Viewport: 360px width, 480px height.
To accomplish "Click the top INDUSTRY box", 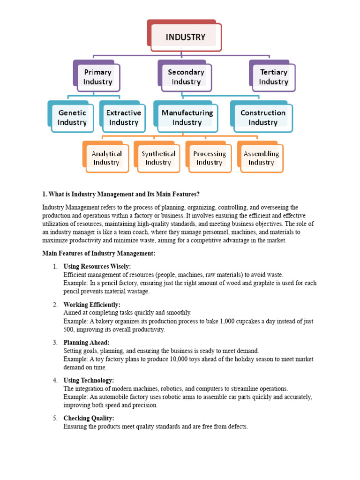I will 186,37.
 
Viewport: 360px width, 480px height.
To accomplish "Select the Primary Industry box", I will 97,77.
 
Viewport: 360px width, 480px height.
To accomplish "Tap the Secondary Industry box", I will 186,77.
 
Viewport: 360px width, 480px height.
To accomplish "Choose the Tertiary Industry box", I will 273,77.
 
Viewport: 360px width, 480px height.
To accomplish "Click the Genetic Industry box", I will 72,118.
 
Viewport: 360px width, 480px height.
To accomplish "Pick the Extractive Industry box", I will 123,118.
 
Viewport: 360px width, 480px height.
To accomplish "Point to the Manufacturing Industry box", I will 187,118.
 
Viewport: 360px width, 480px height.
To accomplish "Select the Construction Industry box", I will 262,118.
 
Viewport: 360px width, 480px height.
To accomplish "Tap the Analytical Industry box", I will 106,158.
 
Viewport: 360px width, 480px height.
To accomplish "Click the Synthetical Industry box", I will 158,158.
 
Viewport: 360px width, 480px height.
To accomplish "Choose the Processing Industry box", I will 210,158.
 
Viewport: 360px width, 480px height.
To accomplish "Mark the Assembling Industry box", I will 261,158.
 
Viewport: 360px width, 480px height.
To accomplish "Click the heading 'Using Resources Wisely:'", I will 97,267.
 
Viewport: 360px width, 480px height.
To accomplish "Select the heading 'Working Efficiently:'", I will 92,305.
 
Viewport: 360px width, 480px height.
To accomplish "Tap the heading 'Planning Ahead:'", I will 86,343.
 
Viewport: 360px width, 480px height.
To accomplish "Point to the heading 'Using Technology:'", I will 89,381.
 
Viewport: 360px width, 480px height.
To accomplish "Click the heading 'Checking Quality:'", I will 89,418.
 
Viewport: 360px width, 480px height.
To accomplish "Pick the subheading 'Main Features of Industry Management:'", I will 98,253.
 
